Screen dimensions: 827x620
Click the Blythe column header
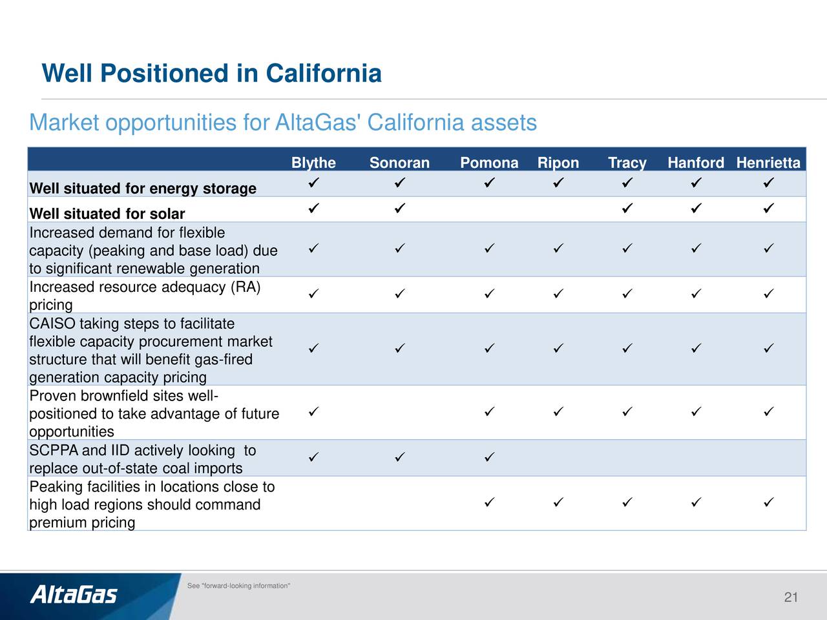click(x=313, y=163)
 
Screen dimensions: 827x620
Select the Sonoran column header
click(x=399, y=163)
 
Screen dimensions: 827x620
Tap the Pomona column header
click(x=489, y=163)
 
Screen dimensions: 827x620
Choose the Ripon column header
click(x=558, y=163)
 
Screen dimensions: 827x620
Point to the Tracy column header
click(x=627, y=163)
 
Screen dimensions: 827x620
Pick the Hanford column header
click(x=696, y=163)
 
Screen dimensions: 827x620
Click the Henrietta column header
click(x=768, y=163)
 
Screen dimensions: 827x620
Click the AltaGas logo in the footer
click(x=74, y=595)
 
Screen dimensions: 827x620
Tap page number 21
click(x=791, y=597)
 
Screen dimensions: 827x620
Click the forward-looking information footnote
click(x=238, y=586)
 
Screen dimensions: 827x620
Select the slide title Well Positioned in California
click(x=211, y=73)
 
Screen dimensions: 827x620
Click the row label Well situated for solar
click(x=107, y=214)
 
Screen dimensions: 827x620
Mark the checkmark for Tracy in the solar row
click(x=627, y=208)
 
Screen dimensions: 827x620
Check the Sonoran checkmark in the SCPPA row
click(x=400, y=457)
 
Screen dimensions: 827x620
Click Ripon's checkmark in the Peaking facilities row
click(x=558, y=502)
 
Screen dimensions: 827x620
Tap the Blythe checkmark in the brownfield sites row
click(x=313, y=411)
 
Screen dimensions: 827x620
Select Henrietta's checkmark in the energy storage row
click(x=769, y=183)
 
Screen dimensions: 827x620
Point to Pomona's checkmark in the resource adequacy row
click(x=490, y=294)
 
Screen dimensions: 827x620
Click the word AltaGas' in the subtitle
click(x=316, y=122)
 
